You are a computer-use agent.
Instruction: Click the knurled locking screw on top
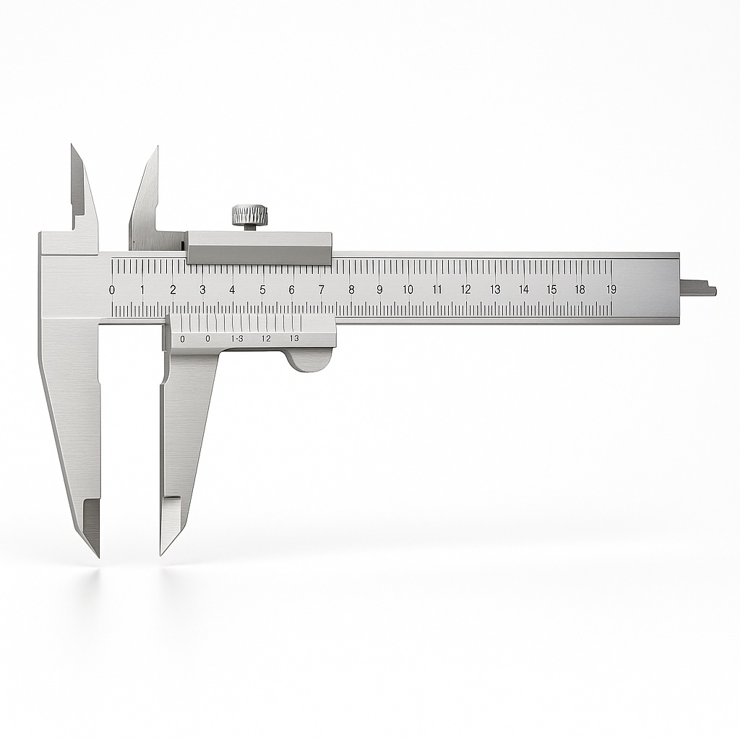249,215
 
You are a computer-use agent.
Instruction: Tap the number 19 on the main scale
611,290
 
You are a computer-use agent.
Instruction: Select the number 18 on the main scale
580,290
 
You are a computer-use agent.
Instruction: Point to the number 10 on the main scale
408,290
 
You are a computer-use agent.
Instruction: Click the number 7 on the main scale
321,290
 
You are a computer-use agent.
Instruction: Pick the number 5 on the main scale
262,290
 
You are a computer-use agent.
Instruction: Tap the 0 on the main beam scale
111,290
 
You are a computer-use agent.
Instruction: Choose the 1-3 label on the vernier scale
237,338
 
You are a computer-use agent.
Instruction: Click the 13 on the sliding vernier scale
294,338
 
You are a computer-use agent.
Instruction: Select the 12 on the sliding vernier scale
266,338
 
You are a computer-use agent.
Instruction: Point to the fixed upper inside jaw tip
73,147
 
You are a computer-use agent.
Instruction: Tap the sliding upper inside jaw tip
155,150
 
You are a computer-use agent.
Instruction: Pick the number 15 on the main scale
551,290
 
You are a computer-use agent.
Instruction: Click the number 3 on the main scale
202,290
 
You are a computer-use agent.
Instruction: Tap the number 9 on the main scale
379,290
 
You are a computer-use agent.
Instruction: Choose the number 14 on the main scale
523,290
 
